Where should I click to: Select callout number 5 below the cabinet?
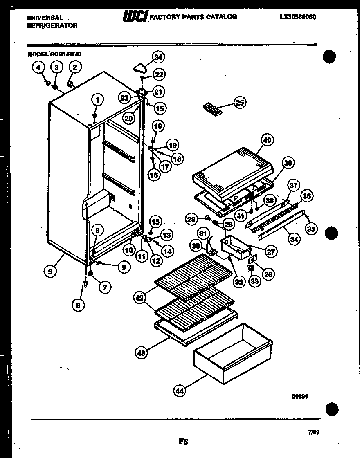pyautogui.click(x=50, y=270)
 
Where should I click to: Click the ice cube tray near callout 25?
pyautogui.click(x=212, y=109)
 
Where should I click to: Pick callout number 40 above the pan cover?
pyautogui.click(x=267, y=140)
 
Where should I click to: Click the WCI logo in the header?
pyautogui.click(x=135, y=17)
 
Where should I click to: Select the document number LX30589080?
pyautogui.click(x=299, y=17)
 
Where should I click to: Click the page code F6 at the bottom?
pyautogui.click(x=183, y=441)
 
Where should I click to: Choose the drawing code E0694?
pyautogui.click(x=299, y=396)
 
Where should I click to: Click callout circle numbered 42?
pyautogui.click(x=140, y=298)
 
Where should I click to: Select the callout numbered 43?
pyautogui.click(x=141, y=353)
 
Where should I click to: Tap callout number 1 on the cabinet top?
pyautogui.click(x=97, y=99)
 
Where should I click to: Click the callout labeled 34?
pyautogui.click(x=294, y=239)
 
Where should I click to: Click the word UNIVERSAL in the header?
pyautogui.click(x=45, y=18)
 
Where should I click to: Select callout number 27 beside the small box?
pyautogui.click(x=271, y=252)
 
